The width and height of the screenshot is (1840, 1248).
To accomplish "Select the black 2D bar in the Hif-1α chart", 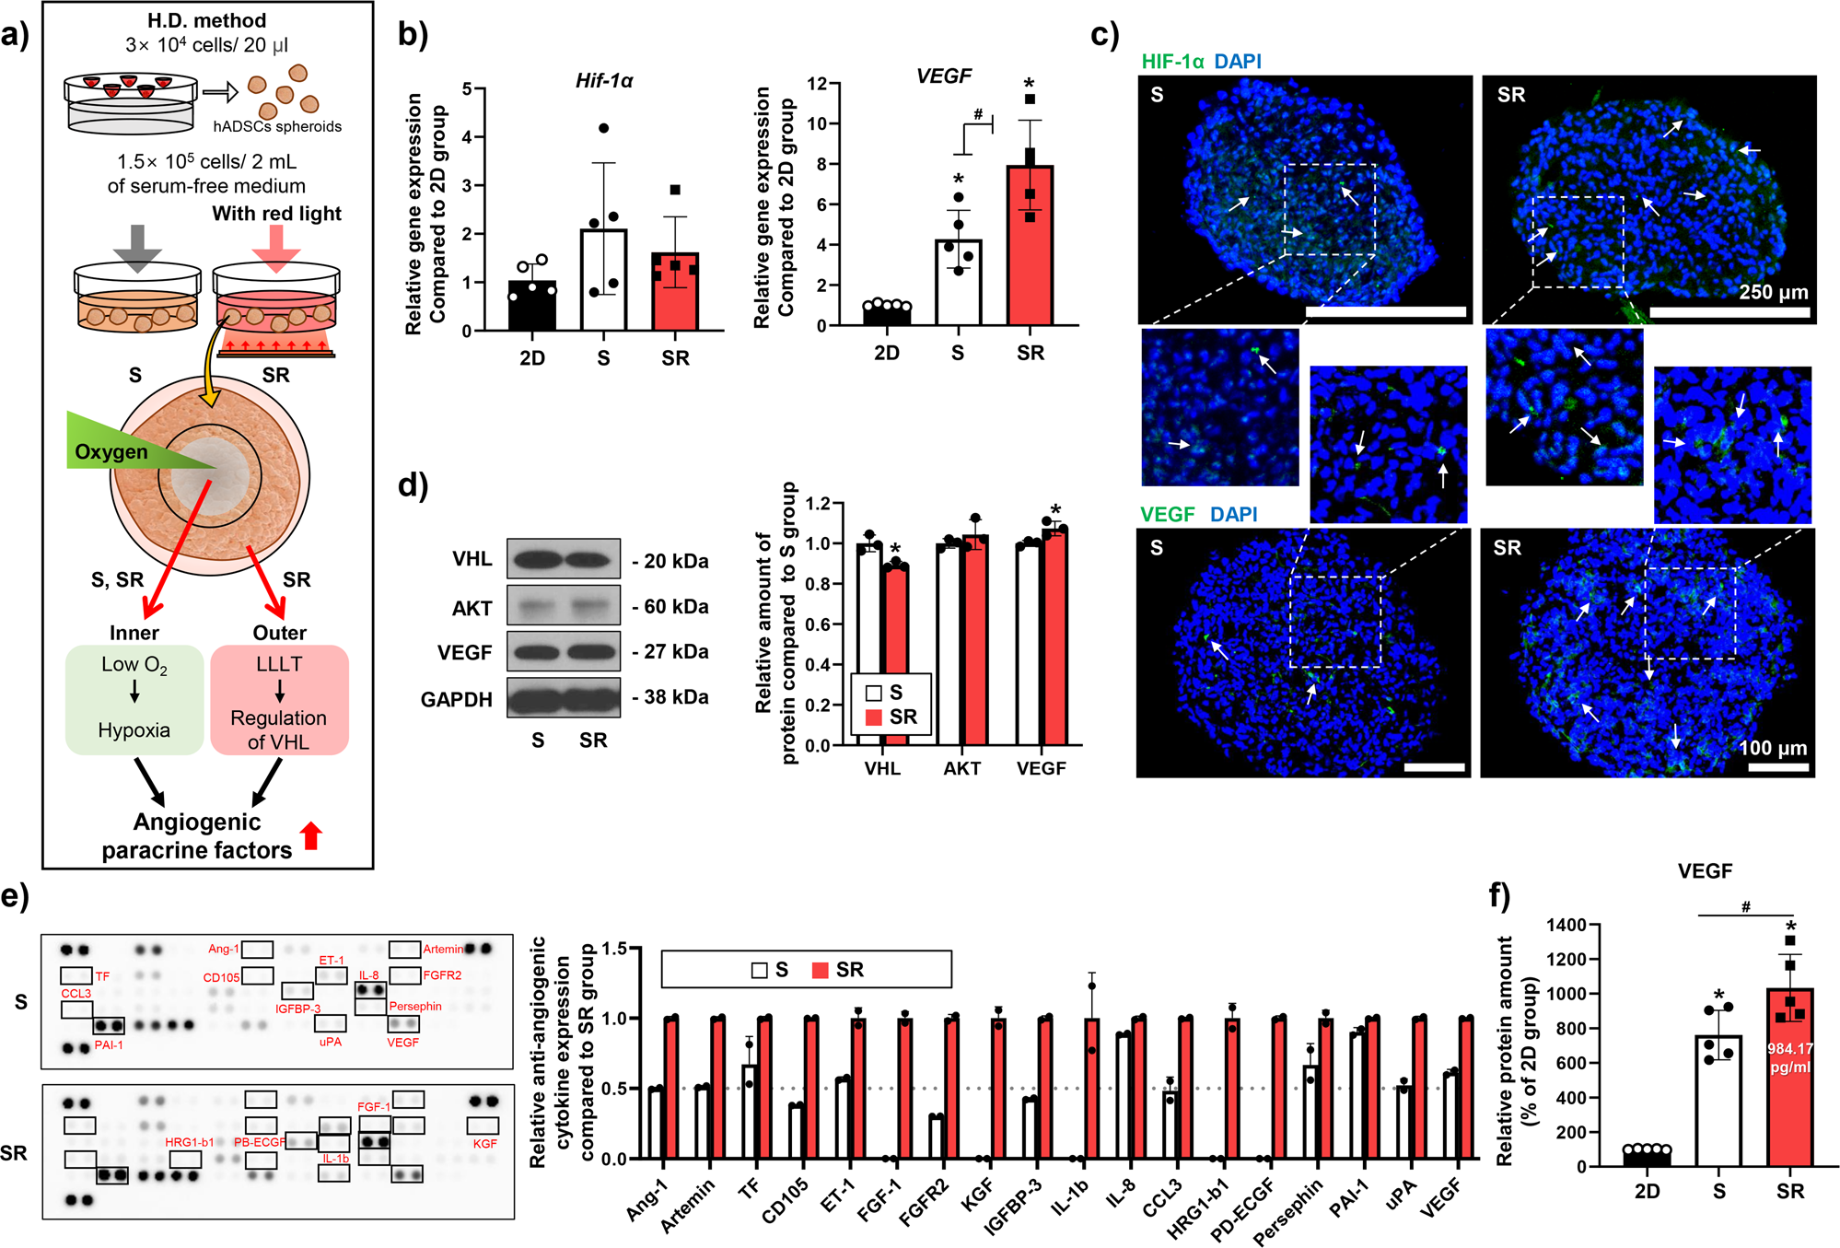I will point(532,307).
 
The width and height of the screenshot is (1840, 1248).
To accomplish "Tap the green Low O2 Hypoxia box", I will point(134,699).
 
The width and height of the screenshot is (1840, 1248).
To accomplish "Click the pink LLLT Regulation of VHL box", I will point(279,701).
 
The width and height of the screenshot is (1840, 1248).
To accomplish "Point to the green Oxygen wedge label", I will point(111,452).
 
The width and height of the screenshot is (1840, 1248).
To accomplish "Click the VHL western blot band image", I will point(564,559).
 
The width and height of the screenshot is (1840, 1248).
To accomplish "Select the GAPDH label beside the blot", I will point(456,700).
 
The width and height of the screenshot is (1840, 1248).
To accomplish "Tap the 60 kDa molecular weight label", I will point(677,607).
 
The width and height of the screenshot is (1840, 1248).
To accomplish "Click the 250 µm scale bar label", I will point(1773,293).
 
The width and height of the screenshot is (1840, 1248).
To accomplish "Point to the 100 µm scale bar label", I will point(1773,748).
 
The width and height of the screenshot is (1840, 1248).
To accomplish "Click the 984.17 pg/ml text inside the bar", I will point(1789,1057).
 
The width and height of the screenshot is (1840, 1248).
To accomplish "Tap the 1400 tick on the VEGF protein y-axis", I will point(1566,925).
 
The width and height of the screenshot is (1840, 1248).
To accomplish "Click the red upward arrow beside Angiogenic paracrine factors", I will point(311,835).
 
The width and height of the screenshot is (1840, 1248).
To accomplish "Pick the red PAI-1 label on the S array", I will point(109,1045).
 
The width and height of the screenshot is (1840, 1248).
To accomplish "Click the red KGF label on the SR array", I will point(484,1144).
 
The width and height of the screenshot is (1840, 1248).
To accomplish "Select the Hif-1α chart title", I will point(604,81).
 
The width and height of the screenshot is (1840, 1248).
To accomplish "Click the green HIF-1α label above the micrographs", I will point(1172,62).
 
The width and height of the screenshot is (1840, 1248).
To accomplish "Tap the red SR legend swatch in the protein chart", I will point(874,717).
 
